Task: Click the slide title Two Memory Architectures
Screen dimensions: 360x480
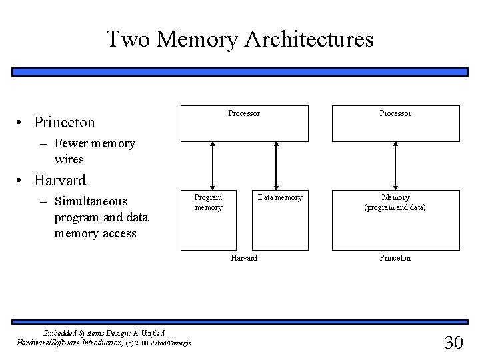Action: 240,39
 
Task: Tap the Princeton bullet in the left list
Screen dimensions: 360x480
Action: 65,123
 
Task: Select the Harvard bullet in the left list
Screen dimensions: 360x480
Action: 60,180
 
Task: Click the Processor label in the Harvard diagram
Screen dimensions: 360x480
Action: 244,114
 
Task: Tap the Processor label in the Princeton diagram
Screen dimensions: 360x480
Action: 395,114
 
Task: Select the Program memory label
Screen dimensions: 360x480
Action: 208,202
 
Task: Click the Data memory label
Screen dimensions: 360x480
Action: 280,197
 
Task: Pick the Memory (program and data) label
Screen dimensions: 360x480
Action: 395,202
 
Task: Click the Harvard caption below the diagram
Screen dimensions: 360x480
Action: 244,258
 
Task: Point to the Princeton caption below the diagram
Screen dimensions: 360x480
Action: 395,258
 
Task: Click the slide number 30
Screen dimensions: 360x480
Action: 453,343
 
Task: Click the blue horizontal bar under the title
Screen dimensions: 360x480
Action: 240,71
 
